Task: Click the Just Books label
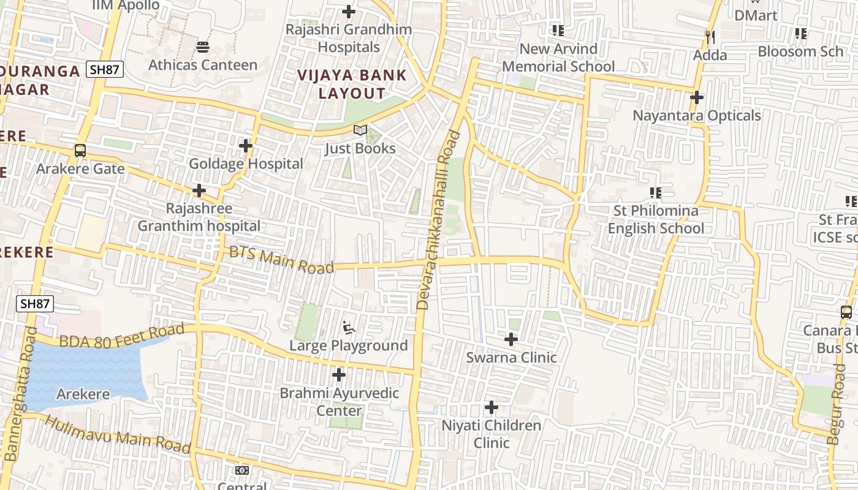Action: tap(360, 148)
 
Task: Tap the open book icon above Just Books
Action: tap(360, 130)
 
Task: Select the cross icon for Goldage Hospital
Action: tap(246, 146)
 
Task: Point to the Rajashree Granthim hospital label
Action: tap(199, 217)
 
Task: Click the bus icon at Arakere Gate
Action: tap(80, 150)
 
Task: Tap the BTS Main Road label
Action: tap(281, 260)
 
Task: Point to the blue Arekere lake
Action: tap(86, 374)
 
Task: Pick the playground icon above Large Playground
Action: tap(349, 328)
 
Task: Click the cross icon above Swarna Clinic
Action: tap(511, 339)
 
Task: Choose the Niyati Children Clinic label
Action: tap(492, 434)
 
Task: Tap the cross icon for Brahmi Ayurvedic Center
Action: tap(339, 375)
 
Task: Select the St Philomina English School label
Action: tap(656, 219)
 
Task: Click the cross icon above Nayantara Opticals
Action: tap(697, 97)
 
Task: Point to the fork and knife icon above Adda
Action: tap(710, 37)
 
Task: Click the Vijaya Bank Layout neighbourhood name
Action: tap(352, 85)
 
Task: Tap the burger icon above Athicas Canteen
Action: tap(203, 47)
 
